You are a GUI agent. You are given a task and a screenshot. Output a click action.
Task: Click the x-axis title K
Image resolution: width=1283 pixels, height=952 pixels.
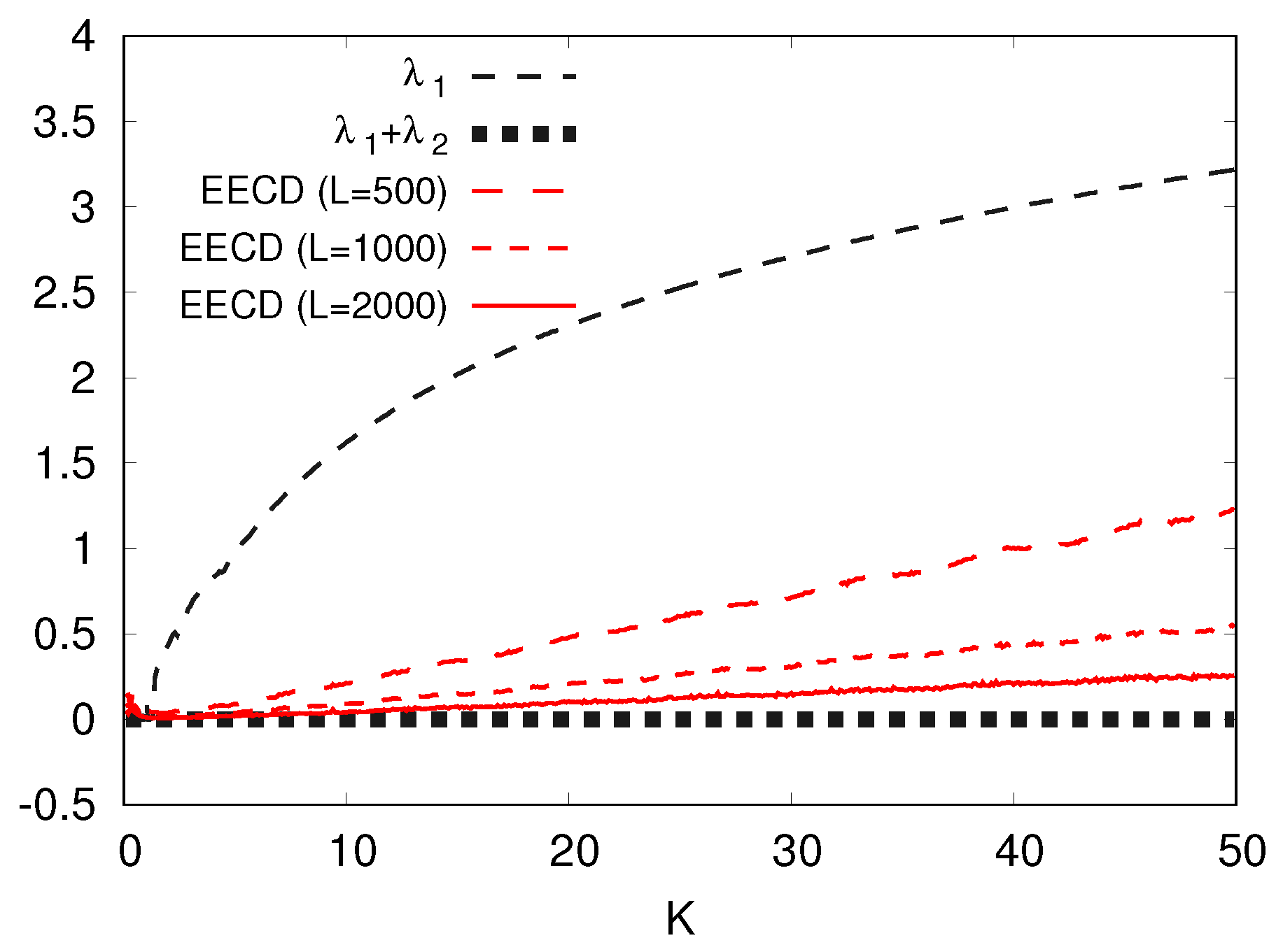coord(680,918)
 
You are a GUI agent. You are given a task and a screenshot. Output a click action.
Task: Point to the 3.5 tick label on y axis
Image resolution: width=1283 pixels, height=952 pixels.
coord(64,123)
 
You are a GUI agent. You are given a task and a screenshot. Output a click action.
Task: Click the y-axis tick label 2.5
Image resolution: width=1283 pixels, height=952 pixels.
coord(64,294)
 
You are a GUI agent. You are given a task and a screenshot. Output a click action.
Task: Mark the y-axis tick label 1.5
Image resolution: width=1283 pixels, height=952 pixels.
coord(64,464)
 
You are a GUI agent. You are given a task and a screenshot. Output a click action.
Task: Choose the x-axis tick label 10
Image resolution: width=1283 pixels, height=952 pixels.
coord(353,852)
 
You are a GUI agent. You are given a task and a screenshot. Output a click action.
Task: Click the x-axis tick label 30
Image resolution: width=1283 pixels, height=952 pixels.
coord(797,852)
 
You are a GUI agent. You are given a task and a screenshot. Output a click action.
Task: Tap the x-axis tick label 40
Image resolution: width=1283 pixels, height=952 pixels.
coord(1019,852)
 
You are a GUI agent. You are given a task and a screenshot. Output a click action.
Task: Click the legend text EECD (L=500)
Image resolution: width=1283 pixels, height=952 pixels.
coord(323,191)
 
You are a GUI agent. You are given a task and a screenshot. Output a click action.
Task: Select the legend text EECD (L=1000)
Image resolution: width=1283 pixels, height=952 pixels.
coord(313,248)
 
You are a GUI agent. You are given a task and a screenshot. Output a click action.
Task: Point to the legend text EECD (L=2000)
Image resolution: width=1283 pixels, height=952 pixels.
coord(313,306)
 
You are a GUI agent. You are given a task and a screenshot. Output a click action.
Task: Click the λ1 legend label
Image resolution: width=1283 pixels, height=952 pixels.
coord(424,77)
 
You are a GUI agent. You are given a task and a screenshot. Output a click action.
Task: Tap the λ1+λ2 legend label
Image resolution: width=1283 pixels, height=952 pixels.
coord(391,134)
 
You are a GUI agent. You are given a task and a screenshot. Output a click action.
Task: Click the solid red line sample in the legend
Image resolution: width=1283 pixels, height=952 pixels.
coord(524,306)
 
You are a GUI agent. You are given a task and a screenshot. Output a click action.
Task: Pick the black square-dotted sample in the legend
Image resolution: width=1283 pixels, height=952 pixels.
coord(524,134)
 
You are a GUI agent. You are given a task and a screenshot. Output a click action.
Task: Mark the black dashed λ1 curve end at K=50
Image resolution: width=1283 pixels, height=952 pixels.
coord(1233,170)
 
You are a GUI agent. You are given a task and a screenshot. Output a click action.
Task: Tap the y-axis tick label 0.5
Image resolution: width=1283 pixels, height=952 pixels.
coord(64,635)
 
